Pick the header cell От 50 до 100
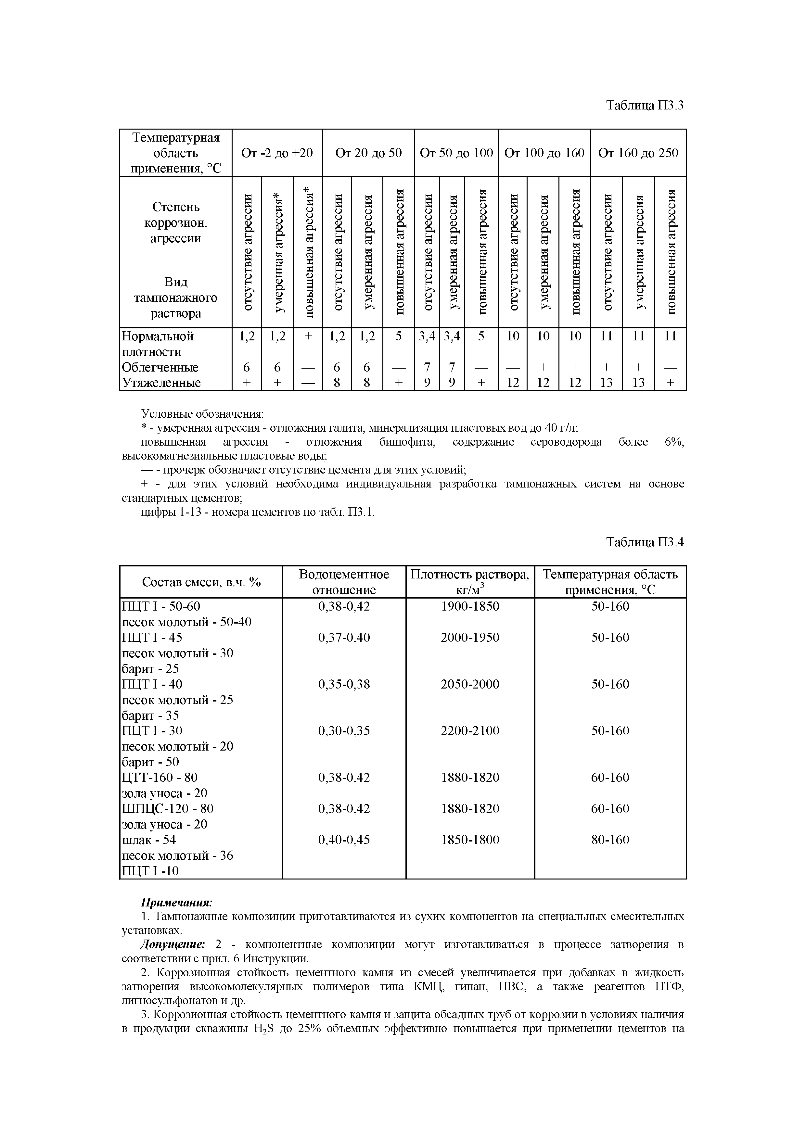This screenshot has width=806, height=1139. coord(456,153)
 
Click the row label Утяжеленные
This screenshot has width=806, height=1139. coord(161,383)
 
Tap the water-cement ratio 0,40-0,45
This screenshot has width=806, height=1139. coord(344,840)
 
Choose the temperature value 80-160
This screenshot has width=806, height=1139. coord(610,840)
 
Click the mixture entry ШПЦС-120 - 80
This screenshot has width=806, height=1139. coord(168,809)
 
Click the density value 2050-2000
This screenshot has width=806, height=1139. coord(470,684)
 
